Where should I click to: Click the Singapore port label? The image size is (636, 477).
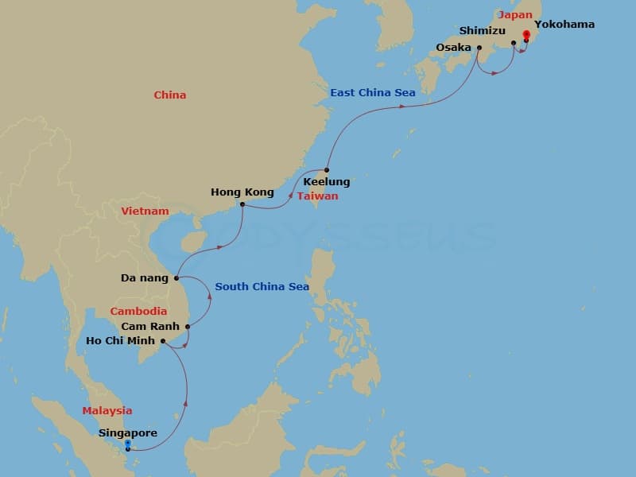(128, 433)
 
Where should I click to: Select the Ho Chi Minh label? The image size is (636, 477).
(121, 342)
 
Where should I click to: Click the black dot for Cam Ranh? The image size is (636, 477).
(188, 326)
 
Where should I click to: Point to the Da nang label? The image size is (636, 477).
(144, 278)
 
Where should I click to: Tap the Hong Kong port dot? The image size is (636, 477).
(242, 204)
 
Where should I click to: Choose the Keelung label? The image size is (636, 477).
(326, 182)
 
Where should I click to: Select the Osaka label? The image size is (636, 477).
(453, 48)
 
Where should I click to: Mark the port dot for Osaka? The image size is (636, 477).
(479, 48)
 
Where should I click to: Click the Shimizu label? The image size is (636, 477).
(483, 30)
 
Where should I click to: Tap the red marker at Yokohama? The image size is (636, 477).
(526, 37)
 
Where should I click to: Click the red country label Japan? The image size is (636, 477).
(514, 14)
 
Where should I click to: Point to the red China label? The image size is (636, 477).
(170, 95)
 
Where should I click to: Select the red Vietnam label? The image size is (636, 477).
(145, 211)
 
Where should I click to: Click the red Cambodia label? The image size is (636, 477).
(138, 312)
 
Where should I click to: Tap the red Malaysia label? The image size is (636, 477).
(107, 411)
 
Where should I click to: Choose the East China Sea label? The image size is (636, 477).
(373, 93)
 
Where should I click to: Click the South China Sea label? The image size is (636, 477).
(262, 287)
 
